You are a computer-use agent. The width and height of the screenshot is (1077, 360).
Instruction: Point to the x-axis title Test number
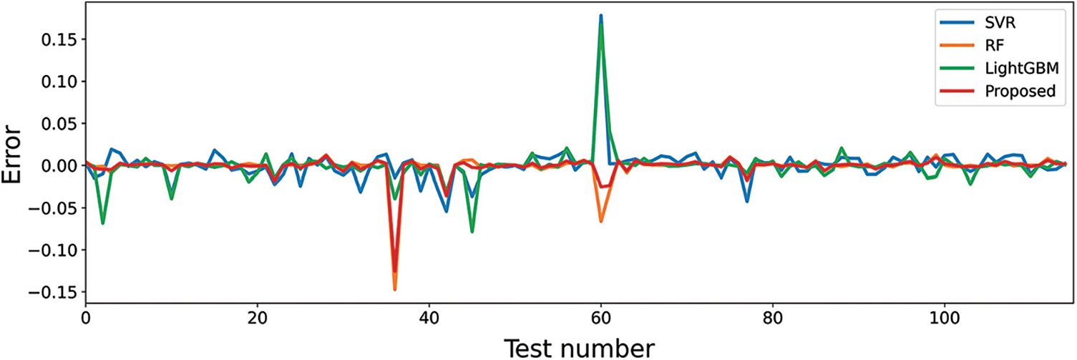578,347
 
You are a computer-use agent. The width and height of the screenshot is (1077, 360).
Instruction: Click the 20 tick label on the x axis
257,317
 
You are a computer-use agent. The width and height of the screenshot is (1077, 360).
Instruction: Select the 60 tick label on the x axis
601,317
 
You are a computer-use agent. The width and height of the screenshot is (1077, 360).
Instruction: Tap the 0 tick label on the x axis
85,317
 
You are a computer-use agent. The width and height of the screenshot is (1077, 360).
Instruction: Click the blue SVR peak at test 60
601,16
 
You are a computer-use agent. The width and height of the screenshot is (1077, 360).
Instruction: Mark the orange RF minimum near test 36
394,289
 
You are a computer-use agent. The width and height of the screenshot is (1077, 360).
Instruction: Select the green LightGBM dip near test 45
472,231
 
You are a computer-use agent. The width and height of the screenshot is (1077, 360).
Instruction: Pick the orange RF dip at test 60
601,221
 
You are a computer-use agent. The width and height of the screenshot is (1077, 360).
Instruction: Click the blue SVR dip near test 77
747,201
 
